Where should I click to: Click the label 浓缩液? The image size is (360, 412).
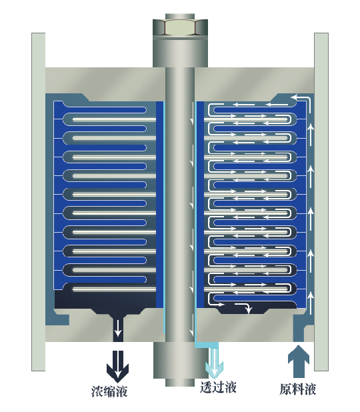click(x=109, y=391)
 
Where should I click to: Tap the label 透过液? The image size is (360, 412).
click(x=218, y=387)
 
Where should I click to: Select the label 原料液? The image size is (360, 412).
click(x=298, y=389)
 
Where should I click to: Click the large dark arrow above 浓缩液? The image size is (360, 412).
click(x=118, y=366)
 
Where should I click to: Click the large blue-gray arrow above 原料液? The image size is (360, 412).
click(x=299, y=361)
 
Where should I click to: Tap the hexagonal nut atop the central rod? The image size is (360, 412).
click(x=180, y=27)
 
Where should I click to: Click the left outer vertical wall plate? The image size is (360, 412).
click(x=39, y=202)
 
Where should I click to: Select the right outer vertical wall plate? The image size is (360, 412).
click(x=321, y=202)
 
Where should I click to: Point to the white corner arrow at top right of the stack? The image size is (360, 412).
click(x=302, y=99)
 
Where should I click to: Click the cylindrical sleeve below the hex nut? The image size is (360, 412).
click(x=180, y=51)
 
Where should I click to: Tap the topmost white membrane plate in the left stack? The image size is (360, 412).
click(x=115, y=120)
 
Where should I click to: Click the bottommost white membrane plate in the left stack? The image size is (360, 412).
click(x=115, y=289)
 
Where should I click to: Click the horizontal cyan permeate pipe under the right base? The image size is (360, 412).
click(x=207, y=345)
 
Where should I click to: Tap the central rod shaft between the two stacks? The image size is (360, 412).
click(x=180, y=205)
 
